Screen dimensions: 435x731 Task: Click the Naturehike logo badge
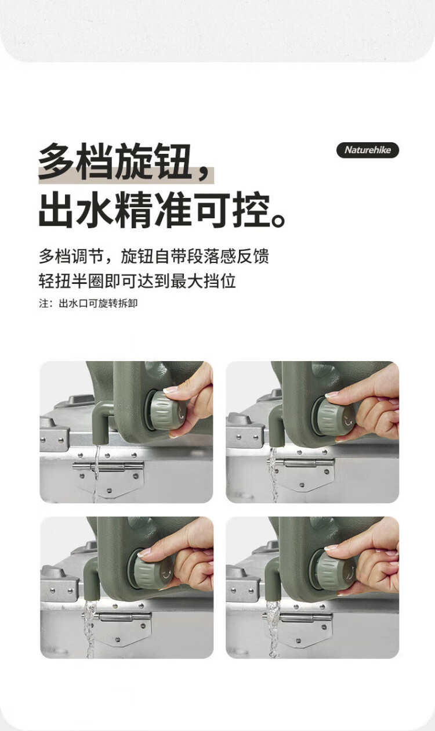click(x=368, y=150)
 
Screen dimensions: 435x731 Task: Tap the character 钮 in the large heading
click(x=173, y=161)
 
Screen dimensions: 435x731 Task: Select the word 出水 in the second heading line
click(x=76, y=209)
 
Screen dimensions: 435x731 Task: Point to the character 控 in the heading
click(x=251, y=209)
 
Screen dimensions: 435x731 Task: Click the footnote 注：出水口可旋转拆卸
click(x=88, y=304)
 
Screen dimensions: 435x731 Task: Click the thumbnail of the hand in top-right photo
click(x=332, y=394)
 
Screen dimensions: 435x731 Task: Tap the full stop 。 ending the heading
click(x=279, y=219)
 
